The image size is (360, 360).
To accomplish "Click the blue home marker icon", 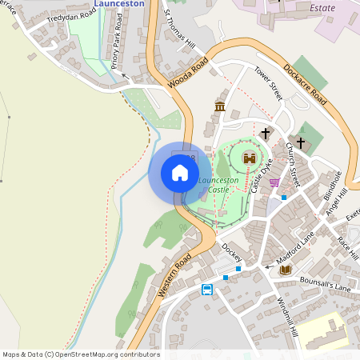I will (180, 173).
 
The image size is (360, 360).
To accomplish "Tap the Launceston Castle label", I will (218, 185).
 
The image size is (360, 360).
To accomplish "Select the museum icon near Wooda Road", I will (220, 106).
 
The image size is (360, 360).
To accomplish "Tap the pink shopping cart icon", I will (274, 182).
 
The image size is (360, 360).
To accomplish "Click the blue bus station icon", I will (207, 290).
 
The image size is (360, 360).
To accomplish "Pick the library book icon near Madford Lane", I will (286, 270).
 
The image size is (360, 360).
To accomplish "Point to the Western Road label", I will (174, 276).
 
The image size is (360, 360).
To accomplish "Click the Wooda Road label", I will (187, 73).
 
